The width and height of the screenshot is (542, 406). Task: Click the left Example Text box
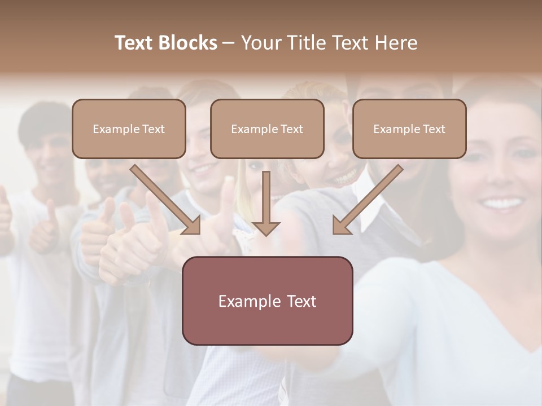coord(129,129)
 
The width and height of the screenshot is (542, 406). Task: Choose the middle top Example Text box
coord(267,129)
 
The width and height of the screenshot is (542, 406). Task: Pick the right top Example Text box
coord(409,129)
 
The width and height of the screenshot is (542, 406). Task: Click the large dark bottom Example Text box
coord(267,301)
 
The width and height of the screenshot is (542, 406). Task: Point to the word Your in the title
coord(261,43)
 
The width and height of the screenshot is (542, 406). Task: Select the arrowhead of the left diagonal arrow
coord(192,225)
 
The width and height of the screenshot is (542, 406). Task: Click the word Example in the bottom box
coord(243,301)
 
